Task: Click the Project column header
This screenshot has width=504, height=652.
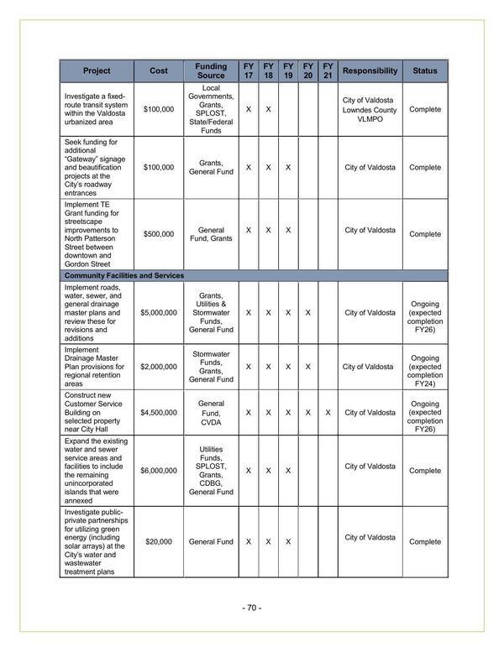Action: (97, 71)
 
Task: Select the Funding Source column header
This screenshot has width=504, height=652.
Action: (211, 71)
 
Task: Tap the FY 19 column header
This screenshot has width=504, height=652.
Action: (288, 71)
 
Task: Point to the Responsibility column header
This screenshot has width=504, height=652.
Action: (370, 71)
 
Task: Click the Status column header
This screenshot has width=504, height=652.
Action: (424, 71)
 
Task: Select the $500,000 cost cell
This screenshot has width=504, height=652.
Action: (159, 234)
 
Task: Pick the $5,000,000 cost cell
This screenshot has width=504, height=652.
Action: (159, 313)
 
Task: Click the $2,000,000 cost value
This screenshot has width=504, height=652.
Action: (159, 367)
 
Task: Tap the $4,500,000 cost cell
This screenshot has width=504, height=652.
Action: (159, 413)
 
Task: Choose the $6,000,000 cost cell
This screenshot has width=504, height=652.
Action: (159, 471)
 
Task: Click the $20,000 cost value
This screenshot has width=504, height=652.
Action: (159, 542)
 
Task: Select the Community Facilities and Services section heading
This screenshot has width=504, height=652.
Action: (124, 275)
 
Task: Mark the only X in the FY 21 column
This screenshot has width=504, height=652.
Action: (328, 413)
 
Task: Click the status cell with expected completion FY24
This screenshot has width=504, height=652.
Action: (424, 367)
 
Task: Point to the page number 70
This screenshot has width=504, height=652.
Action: (252, 608)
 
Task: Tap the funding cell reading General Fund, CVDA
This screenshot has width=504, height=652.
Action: (211, 413)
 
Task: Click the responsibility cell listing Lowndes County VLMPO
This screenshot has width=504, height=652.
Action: (370, 110)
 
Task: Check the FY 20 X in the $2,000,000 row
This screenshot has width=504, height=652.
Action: (308, 367)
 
